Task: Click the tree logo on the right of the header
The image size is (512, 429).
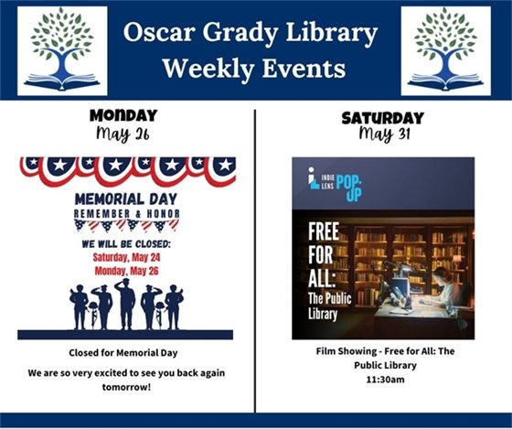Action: (446, 50)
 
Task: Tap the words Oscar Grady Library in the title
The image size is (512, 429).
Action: (251, 34)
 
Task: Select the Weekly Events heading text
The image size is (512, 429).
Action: (254, 70)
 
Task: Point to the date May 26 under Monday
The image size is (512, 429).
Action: (124, 134)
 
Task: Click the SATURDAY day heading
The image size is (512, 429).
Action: (382, 118)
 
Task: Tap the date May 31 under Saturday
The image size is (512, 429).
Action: (382, 135)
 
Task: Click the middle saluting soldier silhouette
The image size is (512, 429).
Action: (126, 304)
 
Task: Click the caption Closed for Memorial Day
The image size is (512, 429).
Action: (124, 352)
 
